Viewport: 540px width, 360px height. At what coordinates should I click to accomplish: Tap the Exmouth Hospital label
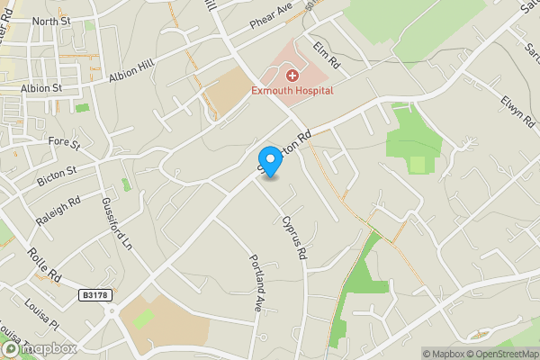(292, 90)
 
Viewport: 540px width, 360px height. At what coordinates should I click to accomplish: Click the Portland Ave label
(255, 282)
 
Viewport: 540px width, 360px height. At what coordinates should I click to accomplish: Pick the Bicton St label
(58, 175)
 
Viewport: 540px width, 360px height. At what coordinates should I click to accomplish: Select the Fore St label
(65, 141)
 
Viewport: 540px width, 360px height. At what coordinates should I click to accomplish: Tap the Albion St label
(42, 88)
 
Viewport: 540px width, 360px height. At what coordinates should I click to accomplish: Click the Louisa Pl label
(41, 312)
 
